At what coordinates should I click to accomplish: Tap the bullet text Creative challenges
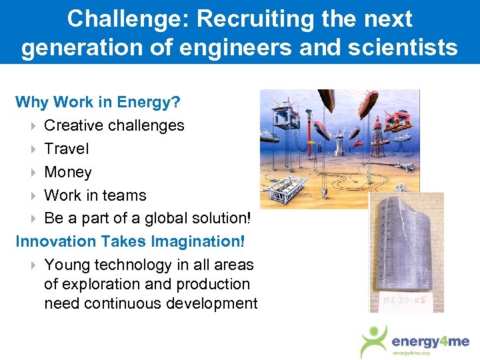click(x=114, y=125)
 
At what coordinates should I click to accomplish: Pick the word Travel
click(x=66, y=149)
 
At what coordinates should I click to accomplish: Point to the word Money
click(x=67, y=172)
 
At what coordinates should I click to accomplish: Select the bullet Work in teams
click(x=95, y=195)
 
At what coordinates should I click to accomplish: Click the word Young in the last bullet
click(x=67, y=265)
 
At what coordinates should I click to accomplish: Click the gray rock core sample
click(x=406, y=246)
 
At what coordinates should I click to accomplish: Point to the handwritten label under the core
click(x=399, y=303)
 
